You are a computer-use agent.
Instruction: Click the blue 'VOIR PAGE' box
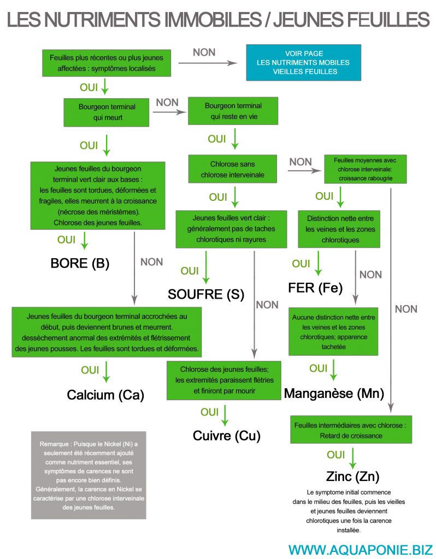point(304,62)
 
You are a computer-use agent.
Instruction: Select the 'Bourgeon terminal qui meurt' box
point(107,112)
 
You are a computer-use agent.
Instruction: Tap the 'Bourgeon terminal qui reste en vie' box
point(233,111)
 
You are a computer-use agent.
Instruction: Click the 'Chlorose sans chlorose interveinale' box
point(233,169)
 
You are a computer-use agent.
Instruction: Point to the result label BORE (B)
point(80,263)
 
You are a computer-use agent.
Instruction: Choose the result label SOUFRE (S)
point(206,294)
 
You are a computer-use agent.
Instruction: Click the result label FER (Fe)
point(315,288)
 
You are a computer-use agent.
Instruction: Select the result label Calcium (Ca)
point(105,395)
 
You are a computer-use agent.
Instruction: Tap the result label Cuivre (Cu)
point(227,435)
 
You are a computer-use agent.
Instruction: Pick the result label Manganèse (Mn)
point(334,393)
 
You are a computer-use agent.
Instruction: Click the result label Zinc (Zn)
point(352,476)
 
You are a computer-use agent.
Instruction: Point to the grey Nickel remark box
point(89,475)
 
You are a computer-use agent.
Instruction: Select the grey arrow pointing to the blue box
point(208,63)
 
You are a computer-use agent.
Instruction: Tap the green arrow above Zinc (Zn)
point(352,458)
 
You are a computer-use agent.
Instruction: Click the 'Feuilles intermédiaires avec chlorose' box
point(351,430)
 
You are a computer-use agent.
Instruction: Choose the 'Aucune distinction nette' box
point(333,331)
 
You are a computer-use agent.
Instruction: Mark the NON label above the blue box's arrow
point(204,52)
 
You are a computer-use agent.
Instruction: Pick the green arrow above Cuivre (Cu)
point(225,415)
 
